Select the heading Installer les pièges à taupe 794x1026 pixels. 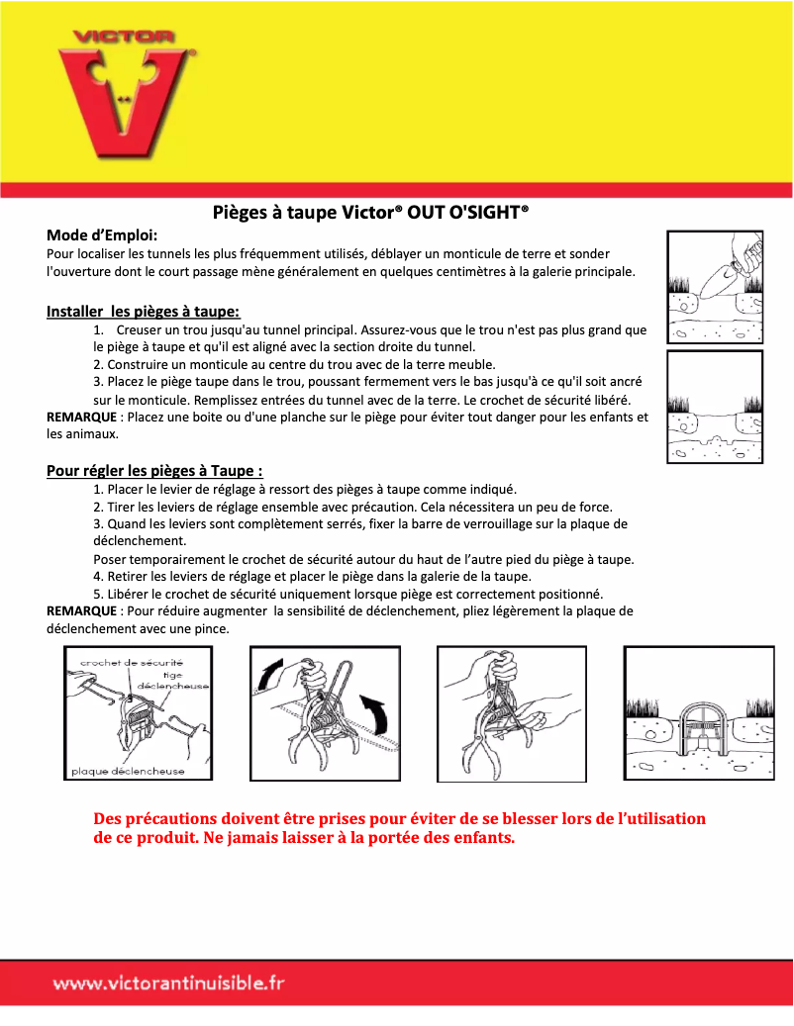click(x=143, y=311)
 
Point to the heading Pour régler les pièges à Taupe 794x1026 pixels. click(x=154, y=470)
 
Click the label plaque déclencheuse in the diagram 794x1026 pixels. click(x=127, y=771)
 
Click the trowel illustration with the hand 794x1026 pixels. click(x=715, y=288)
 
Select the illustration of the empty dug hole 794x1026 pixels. click(x=715, y=406)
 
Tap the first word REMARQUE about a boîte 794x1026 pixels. click(x=82, y=417)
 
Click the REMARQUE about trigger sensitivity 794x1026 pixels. click(x=82, y=611)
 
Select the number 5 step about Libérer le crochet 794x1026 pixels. click(x=97, y=594)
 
